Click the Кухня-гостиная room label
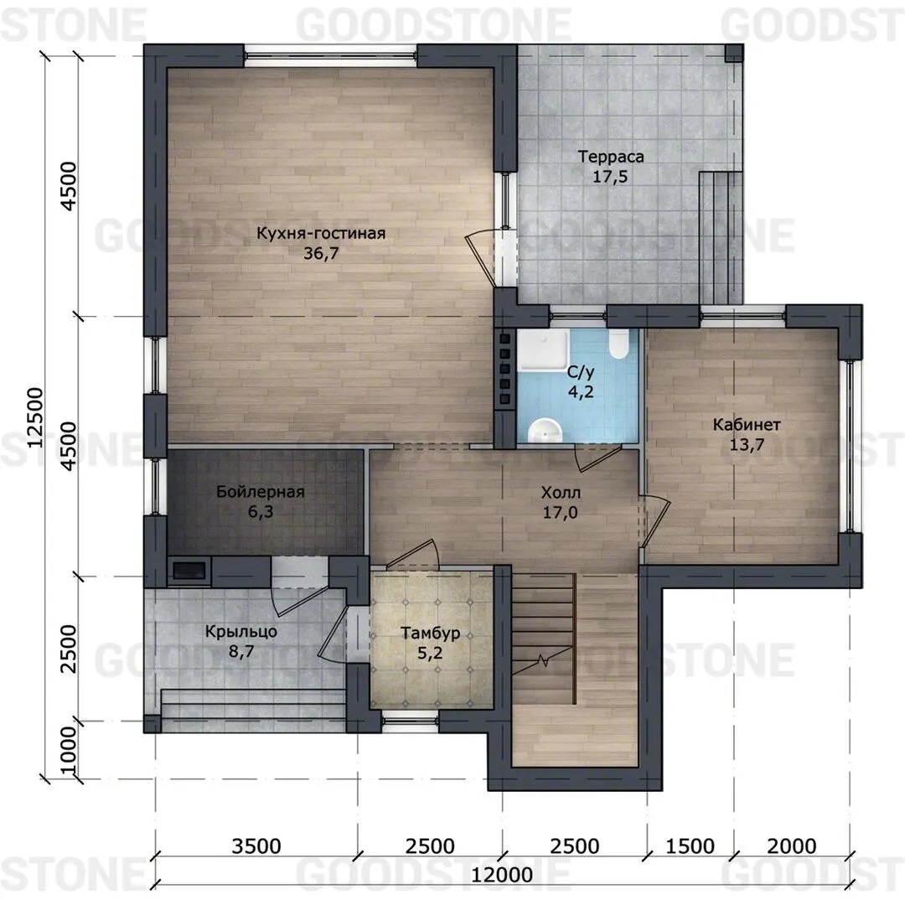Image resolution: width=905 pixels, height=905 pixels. [x=321, y=233]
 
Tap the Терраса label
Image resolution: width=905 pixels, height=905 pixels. [x=611, y=157]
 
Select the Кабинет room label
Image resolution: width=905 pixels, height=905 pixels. [x=747, y=425]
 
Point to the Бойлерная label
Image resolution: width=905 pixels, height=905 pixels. [x=261, y=492]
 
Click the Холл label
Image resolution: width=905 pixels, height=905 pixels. [x=561, y=493]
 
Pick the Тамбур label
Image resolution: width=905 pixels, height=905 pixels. [x=431, y=633]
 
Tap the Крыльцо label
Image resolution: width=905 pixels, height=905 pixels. [x=240, y=632]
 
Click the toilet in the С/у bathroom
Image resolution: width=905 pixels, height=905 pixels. [x=618, y=344]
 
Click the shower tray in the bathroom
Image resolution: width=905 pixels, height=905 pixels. [x=542, y=349]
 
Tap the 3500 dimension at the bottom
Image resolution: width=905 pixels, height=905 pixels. [x=256, y=846]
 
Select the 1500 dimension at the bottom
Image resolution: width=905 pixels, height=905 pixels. [x=690, y=846]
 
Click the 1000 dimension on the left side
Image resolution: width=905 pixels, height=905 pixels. [x=68, y=750]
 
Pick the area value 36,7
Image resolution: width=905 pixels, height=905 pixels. [x=322, y=253]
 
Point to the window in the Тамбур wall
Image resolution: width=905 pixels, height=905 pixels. [x=411, y=721]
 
